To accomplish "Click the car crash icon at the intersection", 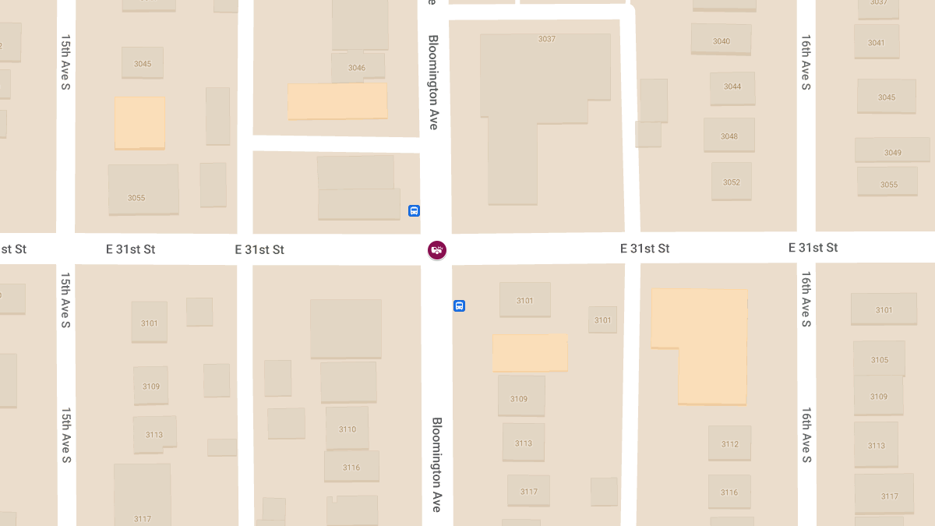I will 437,250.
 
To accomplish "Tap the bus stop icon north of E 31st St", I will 414,210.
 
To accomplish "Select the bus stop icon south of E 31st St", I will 459,306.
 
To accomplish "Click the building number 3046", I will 357,68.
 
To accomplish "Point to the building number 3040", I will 722,41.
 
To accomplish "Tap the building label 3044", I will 732,86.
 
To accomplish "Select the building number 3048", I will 729,136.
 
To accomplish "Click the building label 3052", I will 731,182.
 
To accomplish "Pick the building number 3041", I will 877,43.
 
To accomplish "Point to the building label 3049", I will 893,153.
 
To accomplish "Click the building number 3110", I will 348,429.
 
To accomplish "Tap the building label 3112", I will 729,444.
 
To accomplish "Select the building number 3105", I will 880,360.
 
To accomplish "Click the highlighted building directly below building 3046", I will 337,101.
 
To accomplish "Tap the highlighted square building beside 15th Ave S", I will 140,122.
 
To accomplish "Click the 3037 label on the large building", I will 547,39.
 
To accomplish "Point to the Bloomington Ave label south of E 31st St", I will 437,464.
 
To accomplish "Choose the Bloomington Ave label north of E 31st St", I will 433,82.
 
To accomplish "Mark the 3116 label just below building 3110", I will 351,468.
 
